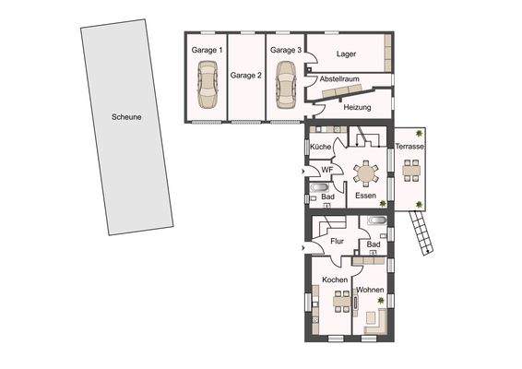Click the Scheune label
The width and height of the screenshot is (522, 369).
pos(126,118)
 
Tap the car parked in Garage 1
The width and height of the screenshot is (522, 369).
pos(208,86)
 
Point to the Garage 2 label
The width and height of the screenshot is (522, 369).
pos(247,76)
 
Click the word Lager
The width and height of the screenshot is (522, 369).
pos(347,54)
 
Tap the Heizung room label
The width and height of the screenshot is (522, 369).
pos(356,108)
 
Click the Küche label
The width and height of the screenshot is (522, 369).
pos(321,148)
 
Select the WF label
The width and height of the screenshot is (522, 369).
pos(326,171)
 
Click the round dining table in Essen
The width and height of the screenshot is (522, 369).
pos(366,173)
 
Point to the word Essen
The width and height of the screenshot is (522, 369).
pos(365,196)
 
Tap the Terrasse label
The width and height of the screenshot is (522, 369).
pos(409,148)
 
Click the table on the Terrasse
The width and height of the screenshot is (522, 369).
pos(410,168)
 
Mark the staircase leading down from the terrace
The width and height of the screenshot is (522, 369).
pos(422,233)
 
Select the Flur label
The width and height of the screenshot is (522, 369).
pos(337,242)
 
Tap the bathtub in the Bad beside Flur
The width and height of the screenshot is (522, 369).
pos(377,221)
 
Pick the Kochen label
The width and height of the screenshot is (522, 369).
pos(335,280)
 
